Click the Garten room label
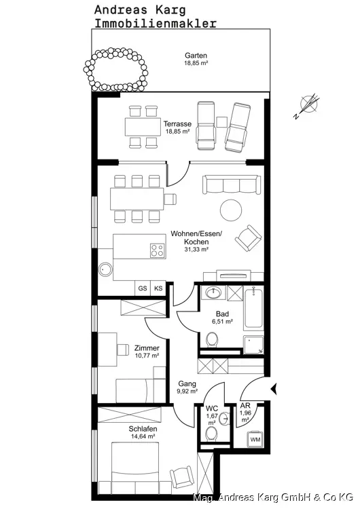click(196, 56)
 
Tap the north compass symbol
click(308, 105)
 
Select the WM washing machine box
click(255, 439)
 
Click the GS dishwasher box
click(143, 288)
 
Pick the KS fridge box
click(158, 288)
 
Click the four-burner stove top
click(157, 250)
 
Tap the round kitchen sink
click(105, 269)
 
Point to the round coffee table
click(231, 210)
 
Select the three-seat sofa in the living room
click(232, 185)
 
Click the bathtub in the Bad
click(254, 307)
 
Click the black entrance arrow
click(274, 389)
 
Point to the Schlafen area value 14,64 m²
click(143, 436)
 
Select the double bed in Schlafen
click(135, 468)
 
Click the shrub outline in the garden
click(115, 69)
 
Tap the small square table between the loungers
click(221, 122)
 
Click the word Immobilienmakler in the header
click(156, 23)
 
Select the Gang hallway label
click(187, 383)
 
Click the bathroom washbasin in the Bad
click(213, 293)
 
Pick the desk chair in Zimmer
click(122, 350)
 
